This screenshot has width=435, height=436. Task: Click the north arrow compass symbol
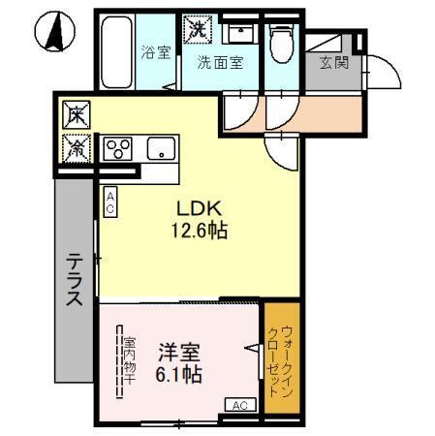click(x=53, y=33)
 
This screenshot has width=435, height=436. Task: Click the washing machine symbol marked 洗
click(x=198, y=30)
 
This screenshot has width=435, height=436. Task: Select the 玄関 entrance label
click(x=334, y=65)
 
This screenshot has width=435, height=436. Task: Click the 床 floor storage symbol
click(x=76, y=115)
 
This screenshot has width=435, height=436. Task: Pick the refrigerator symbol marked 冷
click(x=76, y=146)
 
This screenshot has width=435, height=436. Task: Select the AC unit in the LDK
click(x=110, y=202)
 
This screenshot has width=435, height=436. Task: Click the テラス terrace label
click(x=75, y=281)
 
